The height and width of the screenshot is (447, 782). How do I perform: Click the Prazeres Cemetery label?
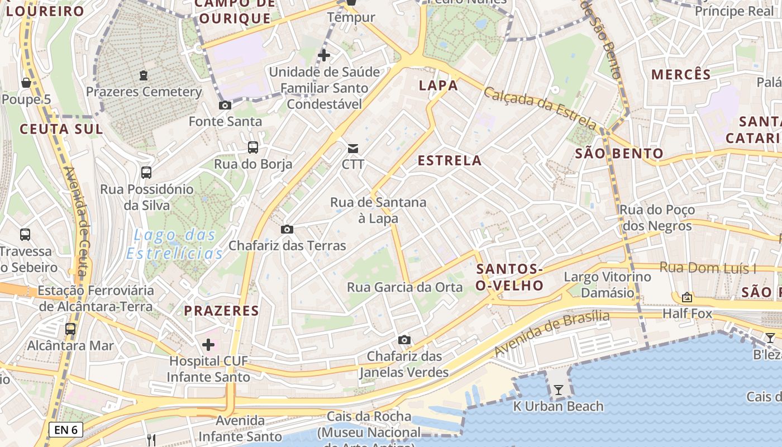[144, 92]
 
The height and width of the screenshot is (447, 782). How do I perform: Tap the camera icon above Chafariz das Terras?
[287, 229]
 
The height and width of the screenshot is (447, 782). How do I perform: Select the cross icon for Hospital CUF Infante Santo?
[208, 345]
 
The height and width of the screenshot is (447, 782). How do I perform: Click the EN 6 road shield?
[66, 430]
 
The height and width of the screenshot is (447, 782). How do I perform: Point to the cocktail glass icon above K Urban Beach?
[558, 389]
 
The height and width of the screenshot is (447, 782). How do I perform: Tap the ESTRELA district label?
[450, 161]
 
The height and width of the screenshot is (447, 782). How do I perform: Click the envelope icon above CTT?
[353, 149]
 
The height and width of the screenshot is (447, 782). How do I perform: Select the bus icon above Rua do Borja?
[253, 148]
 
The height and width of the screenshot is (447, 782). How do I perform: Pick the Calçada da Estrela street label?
[540, 107]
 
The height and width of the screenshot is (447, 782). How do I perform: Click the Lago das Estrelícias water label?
[174, 244]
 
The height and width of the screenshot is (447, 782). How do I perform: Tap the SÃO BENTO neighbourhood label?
[619, 154]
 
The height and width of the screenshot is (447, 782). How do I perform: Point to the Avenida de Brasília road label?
[552, 333]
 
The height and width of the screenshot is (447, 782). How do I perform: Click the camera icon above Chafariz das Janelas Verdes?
[404, 340]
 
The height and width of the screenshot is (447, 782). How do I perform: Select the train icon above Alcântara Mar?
[70, 329]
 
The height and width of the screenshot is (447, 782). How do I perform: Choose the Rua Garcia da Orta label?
[405, 287]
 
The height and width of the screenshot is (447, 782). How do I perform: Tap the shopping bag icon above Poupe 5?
[26, 83]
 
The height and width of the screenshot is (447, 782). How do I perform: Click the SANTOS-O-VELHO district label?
[509, 277]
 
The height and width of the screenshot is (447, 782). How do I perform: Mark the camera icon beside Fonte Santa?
[225, 106]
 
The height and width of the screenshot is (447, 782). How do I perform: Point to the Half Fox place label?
[687, 313]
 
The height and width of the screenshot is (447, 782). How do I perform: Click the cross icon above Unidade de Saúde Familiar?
[324, 55]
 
